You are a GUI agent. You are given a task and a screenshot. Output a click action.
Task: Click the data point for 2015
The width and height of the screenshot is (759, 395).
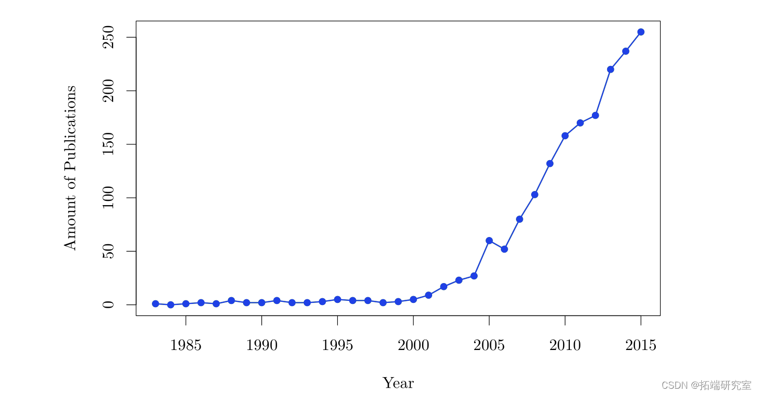pos(641,32)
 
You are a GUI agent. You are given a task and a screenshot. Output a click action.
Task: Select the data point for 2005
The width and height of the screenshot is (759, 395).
pos(489,241)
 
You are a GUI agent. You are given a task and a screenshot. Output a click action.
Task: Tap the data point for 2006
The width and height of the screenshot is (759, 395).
pos(504,249)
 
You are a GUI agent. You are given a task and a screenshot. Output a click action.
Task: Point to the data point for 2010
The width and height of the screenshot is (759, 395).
pos(565,136)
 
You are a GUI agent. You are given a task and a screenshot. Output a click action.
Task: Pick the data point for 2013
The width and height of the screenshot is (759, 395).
pos(611,69)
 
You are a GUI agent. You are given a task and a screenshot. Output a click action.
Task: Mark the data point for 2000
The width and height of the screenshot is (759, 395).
pos(413,299)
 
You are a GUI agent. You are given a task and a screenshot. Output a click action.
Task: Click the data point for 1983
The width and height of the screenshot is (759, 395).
pos(156,303)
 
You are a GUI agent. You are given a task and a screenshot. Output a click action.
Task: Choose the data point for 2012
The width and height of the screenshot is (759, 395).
pos(596,115)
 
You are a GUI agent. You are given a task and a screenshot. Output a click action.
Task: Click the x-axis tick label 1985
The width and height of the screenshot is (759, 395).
pos(185,346)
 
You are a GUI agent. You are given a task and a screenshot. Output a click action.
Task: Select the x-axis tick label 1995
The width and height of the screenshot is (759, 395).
pos(337,346)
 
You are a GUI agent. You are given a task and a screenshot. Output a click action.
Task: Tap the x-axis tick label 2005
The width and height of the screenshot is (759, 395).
pos(489,346)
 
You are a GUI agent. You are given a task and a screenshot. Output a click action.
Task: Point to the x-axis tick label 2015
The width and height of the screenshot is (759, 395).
pos(641,346)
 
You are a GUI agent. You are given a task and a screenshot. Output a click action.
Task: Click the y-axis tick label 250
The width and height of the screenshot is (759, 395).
pos(108,38)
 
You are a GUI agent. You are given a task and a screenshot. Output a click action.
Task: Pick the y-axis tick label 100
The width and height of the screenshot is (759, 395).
pos(108,198)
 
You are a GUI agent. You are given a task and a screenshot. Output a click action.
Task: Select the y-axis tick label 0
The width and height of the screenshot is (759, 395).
pos(108,304)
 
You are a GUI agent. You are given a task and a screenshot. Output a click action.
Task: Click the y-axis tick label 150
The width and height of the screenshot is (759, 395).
pos(108,144)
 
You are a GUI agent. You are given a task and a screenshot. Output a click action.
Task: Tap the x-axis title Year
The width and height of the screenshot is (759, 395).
pos(398,383)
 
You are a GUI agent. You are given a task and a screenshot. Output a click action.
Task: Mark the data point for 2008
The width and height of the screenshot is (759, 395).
pos(535,195)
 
